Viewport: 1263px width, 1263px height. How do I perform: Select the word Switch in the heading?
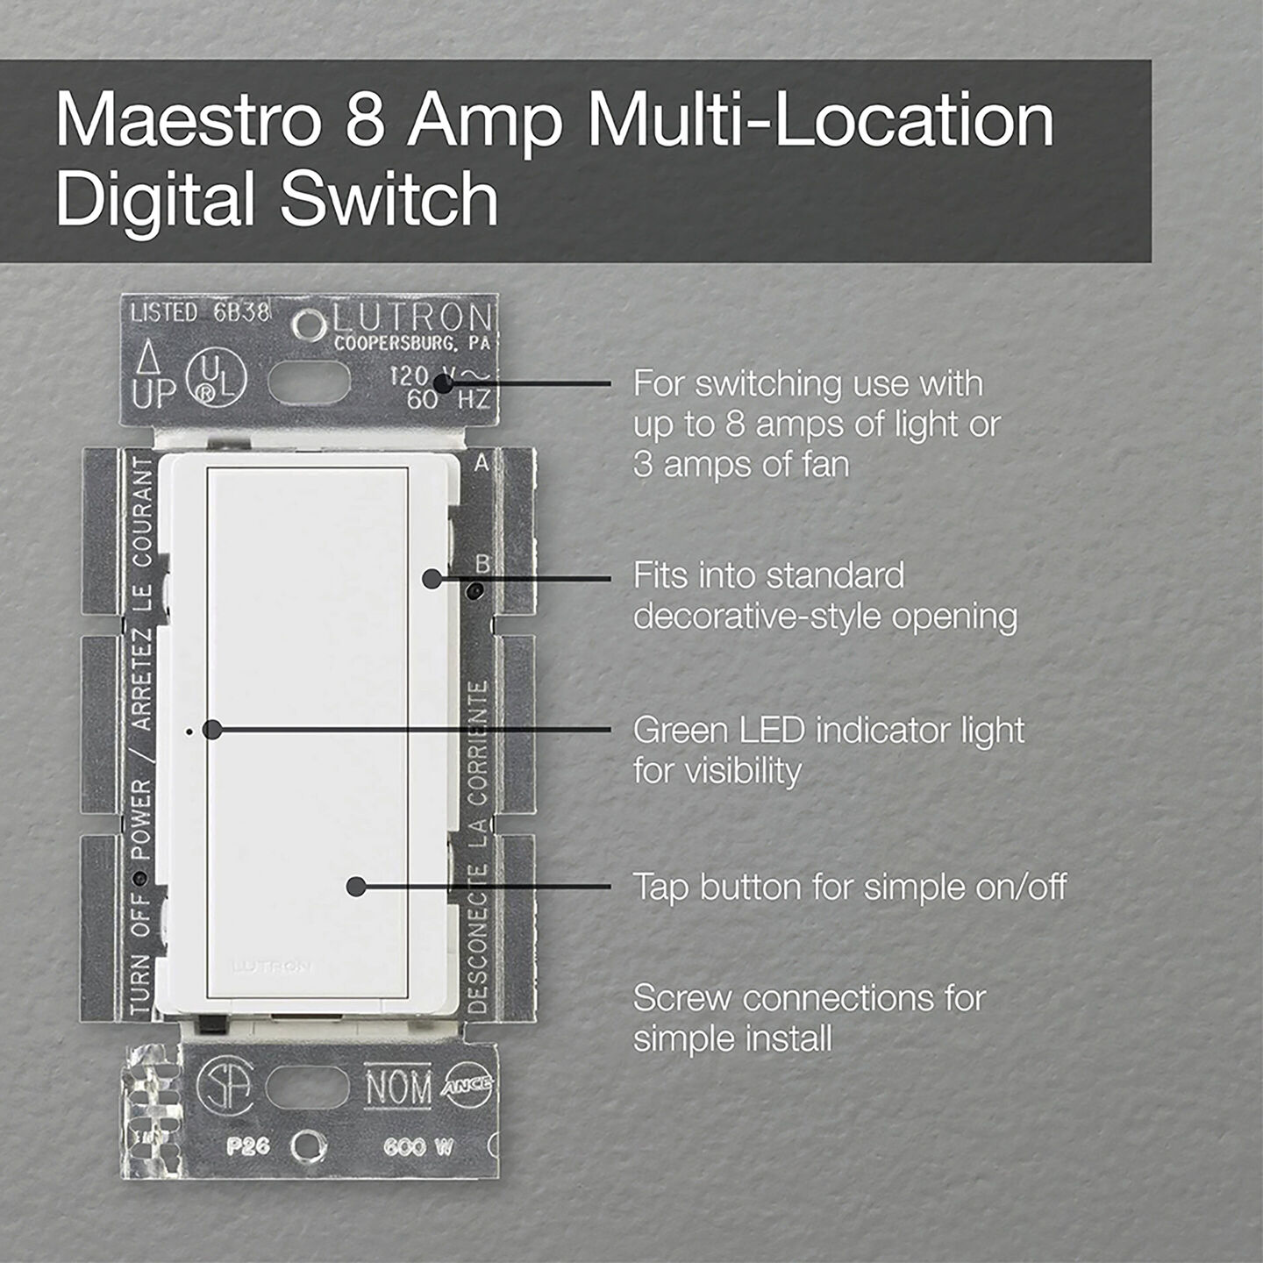point(389,199)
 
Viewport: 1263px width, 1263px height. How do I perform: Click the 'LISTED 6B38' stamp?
point(200,312)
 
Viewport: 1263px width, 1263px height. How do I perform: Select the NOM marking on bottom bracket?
point(398,1088)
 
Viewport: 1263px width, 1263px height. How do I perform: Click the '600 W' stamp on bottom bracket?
point(417,1146)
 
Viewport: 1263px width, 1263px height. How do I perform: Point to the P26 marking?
point(247,1146)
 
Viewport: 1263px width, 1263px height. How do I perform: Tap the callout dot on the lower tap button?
point(355,887)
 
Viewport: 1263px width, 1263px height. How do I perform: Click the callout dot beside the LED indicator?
point(211,730)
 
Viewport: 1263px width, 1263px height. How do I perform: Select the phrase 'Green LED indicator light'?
point(828,731)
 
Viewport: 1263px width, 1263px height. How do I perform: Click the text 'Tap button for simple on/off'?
point(849,887)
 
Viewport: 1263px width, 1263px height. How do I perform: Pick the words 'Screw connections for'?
point(809,998)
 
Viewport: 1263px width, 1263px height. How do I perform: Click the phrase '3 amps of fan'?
point(741,464)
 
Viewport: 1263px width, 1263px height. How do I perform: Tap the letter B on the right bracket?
point(482,563)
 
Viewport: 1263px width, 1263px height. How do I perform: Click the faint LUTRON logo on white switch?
point(271,967)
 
